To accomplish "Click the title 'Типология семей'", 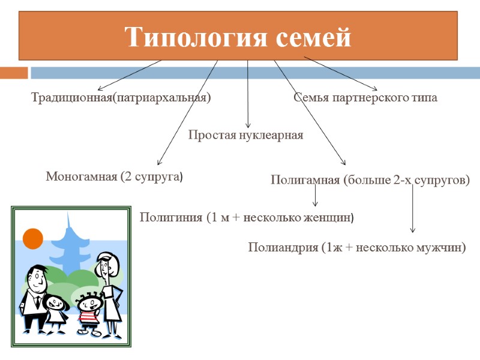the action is click(x=238, y=37).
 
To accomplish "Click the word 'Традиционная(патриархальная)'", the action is click(x=121, y=98).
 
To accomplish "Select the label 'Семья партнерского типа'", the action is click(x=365, y=98).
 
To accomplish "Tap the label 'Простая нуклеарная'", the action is click(x=246, y=135).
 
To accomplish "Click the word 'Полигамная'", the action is click(x=305, y=180).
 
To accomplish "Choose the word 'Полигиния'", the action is click(x=170, y=217).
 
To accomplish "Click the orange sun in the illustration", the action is click(x=33, y=239).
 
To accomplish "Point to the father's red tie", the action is click(x=37, y=302).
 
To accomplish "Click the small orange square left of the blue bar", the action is click(x=14, y=73).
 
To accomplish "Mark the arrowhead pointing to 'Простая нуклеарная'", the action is click(x=248, y=124).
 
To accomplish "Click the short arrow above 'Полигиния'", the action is click(x=316, y=197).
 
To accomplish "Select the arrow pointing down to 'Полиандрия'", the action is click(x=412, y=210).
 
